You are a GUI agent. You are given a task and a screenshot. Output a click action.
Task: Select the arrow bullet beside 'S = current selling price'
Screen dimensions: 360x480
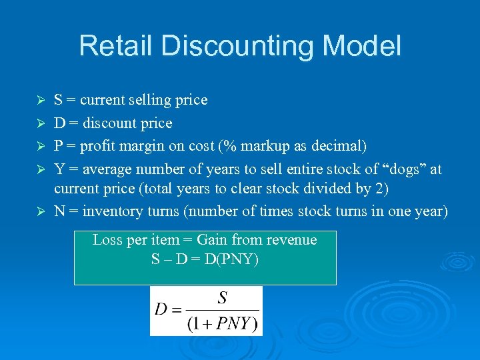[41, 101]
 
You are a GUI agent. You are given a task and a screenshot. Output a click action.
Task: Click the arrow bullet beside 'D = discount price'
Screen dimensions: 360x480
[41, 124]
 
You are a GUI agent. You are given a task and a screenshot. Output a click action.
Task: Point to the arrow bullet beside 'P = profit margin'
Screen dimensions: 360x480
[41, 147]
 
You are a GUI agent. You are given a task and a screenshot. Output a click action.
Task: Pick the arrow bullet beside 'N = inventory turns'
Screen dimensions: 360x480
[41, 212]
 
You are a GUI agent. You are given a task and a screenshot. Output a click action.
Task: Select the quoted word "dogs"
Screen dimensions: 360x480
[403, 169]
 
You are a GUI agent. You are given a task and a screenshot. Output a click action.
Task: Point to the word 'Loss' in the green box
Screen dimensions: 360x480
[107, 240]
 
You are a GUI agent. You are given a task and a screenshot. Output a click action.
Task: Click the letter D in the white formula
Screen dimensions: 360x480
[161, 310]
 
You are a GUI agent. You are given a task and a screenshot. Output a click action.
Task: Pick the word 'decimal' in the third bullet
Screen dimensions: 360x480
[342, 146]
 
